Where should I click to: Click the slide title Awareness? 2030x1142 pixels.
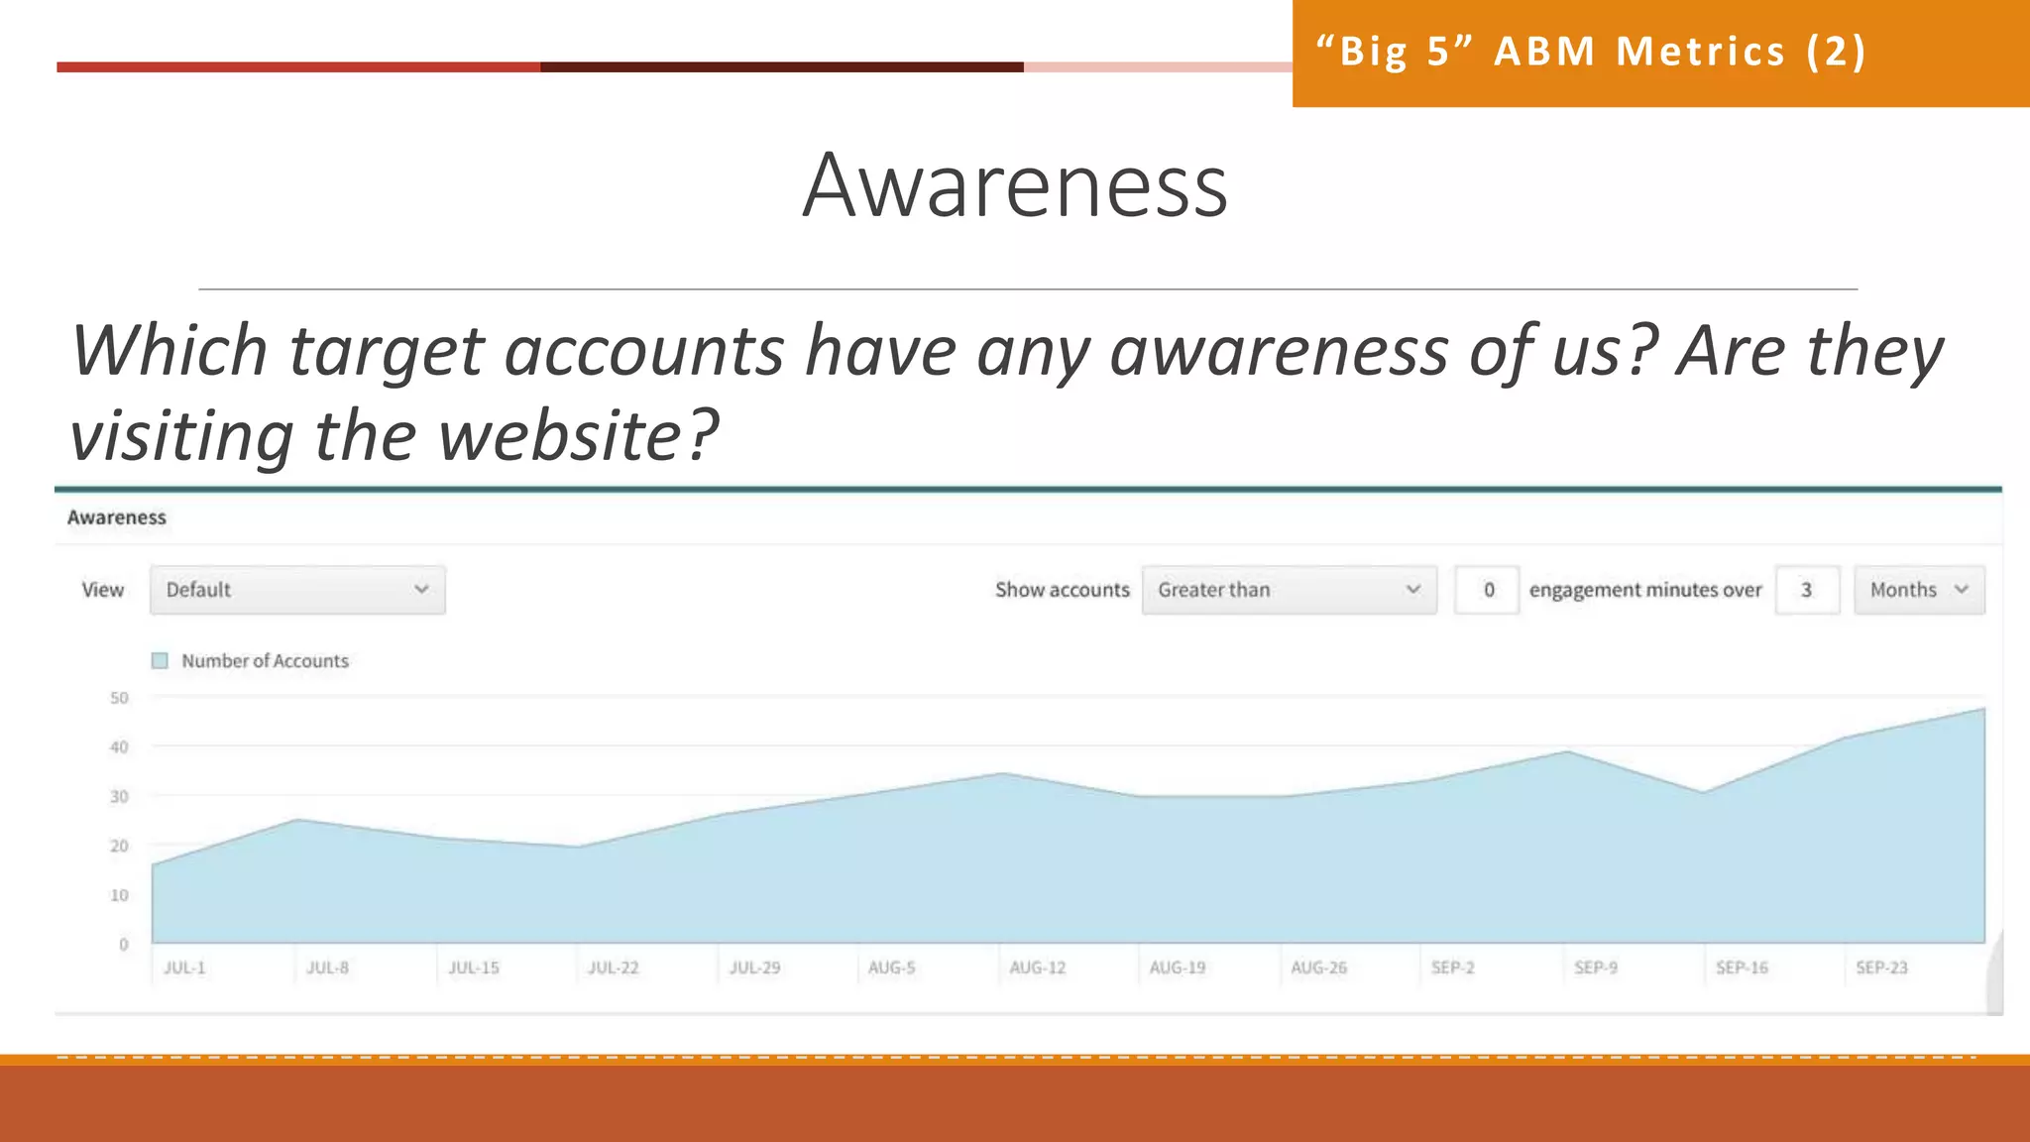[1015, 185]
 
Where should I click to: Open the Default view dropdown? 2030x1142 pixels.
[297, 590]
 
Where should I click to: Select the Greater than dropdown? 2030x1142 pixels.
[1289, 590]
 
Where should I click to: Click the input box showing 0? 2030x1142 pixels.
[1487, 590]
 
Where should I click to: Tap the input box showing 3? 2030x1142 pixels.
[1807, 590]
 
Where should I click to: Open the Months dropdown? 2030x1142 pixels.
[1919, 590]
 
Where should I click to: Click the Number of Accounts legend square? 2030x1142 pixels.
[160, 661]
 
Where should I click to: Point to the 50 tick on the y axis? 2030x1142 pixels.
[119, 698]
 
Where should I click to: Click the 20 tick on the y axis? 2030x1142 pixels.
[119, 846]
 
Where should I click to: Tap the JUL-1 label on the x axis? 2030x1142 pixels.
[184, 968]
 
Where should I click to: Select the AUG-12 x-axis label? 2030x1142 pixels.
[1037, 968]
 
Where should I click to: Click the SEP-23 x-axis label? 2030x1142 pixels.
[1881, 968]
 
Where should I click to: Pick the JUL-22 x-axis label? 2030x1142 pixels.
[613, 968]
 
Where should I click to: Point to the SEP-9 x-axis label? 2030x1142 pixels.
[1595, 968]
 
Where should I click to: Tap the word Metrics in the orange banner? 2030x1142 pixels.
[1701, 52]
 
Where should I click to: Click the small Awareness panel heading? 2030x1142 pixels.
[117, 517]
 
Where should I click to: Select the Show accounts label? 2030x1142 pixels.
[1062, 590]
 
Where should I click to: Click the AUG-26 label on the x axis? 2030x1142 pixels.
[1318, 968]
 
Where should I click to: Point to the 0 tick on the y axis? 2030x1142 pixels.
[124, 945]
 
